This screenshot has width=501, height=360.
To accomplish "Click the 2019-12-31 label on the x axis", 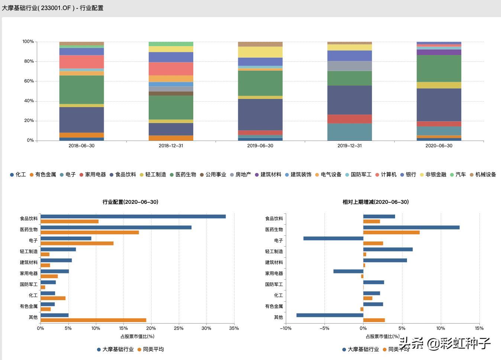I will tap(349, 146).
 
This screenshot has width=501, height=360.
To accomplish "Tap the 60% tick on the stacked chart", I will tap(29, 81).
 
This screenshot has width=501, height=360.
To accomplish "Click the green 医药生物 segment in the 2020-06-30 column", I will tap(439, 68).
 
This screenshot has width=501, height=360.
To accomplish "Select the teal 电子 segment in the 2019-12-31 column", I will tap(349, 132).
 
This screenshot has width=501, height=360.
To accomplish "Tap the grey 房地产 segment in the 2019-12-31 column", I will tap(349, 66).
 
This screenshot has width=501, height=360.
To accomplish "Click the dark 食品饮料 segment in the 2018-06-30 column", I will tap(81, 120).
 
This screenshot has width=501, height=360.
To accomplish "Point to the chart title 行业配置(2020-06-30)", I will tap(130, 202).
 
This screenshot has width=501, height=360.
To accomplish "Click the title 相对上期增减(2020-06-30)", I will tap(375, 202).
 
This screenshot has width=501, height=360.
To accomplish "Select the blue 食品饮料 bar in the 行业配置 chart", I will tap(133, 216).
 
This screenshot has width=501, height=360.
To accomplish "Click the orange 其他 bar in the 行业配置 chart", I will tap(93, 320).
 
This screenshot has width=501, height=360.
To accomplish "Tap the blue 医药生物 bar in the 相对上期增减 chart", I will tap(411, 228).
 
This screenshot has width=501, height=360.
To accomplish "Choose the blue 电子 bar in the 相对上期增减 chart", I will tap(333, 238).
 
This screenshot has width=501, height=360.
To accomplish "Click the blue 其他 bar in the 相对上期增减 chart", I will tap(330, 315).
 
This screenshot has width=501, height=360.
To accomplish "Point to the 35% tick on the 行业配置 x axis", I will tap(234, 328).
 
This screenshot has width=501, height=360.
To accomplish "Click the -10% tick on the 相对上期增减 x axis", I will tap(285, 328).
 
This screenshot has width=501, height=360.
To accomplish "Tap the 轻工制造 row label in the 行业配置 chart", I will tap(29, 251).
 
